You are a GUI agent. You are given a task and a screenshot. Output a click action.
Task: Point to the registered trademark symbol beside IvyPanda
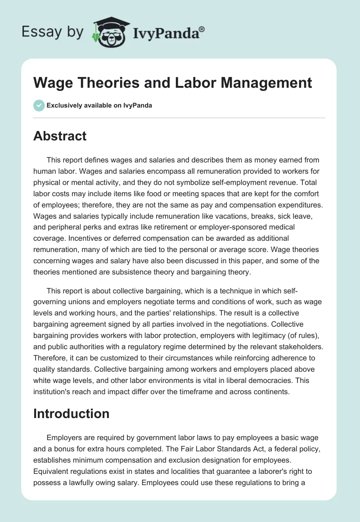[x=202, y=29]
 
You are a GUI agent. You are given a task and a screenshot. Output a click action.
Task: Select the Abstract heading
[x=60, y=136]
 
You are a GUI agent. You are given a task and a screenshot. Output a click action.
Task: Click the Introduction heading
[x=72, y=414]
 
